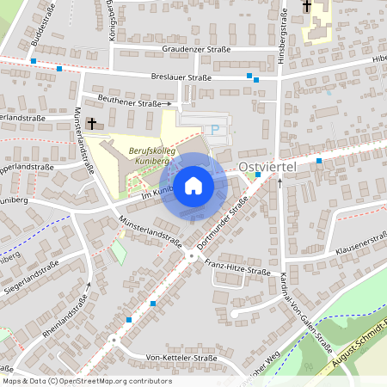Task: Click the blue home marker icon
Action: (193, 185)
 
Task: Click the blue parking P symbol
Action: (216, 130)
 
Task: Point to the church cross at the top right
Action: (307, 7)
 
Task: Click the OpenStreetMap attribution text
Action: (86, 381)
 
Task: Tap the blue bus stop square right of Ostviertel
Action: (319, 161)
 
